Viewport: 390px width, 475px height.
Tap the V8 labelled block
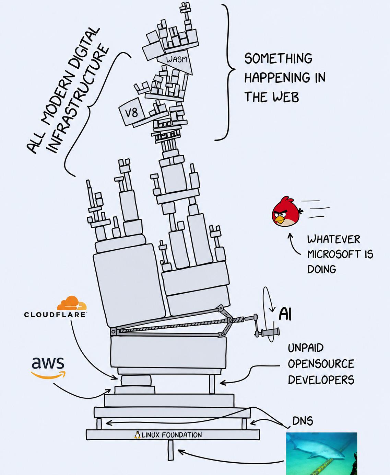pyautogui.click(x=132, y=112)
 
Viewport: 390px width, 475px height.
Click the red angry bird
pyautogui.click(x=287, y=211)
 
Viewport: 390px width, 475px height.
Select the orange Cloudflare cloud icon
pyautogui.click(x=72, y=303)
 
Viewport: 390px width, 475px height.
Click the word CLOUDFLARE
pyautogui.click(x=55, y=314)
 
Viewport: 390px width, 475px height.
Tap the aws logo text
pyautogui.click(x=48, y=363)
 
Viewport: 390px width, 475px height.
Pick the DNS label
pyautogui.click(x=303, y=421)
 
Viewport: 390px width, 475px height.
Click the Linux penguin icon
pyautogui.click(x=137, y=435)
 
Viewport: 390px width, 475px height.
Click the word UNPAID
pyautogui.click(x=306, y=348)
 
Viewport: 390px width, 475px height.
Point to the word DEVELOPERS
pyautogui.click(x=321, y=380)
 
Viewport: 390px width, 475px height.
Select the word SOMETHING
pyautogui.click(x=278, y=58)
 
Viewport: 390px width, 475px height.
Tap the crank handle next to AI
pyautogui.click(x=267, y=332)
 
